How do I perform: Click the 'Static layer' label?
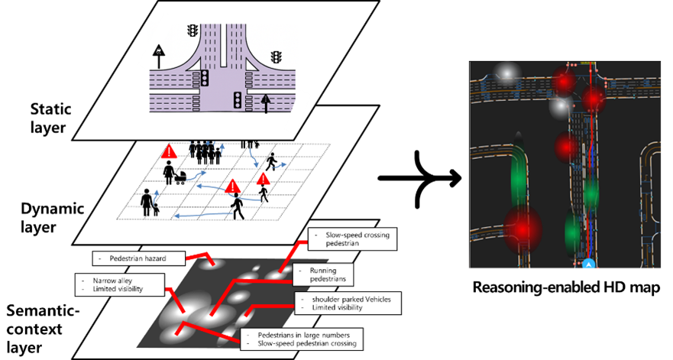[50, 118]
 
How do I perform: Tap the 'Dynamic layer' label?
[52, 217]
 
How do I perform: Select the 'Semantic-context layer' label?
[43, 329]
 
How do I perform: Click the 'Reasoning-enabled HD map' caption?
[566, 287]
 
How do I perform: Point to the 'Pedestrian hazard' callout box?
[138, 258]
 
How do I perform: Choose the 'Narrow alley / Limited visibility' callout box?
[120, 284]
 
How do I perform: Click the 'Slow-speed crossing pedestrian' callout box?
[352, 239]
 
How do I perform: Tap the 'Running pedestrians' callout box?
[323, 274]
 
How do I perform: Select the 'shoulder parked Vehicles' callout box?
[348, 303]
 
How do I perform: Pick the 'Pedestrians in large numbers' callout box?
[302, 339]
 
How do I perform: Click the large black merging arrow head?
[451, 178]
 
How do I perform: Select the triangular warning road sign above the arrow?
[159, 51]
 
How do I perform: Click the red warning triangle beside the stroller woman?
[169, 151]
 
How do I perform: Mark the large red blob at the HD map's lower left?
[523, 229]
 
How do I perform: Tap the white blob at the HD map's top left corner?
[507, 73]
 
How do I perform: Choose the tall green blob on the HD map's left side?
[519, 172]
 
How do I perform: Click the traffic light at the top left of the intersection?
[193, 31]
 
